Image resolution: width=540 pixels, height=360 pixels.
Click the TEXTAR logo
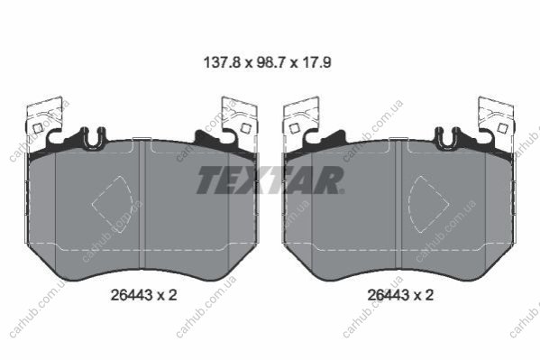270,180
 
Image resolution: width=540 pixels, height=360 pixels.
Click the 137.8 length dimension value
222,63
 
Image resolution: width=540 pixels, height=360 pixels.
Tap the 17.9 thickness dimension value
316,63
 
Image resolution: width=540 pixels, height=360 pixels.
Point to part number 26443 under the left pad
132,295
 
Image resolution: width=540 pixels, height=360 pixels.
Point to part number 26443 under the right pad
389,295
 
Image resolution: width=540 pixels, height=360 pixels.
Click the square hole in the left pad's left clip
38,129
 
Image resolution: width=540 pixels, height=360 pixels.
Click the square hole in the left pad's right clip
245,128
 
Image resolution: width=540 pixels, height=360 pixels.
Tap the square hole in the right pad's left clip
295,129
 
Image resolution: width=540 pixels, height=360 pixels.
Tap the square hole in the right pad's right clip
503,128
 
